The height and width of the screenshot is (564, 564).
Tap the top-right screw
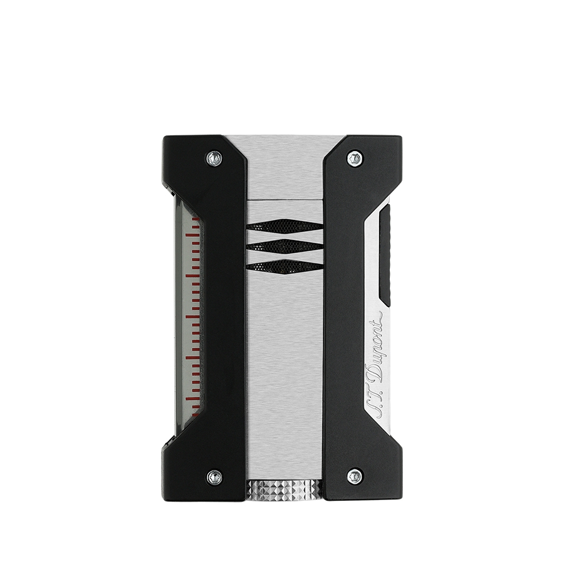(355, 159)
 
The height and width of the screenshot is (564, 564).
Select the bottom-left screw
(214, 476)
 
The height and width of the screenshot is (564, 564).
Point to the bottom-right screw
(355, 476)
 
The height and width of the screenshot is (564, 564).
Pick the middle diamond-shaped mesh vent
(286, 246)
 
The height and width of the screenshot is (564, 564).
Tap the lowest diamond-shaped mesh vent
(286, 266)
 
